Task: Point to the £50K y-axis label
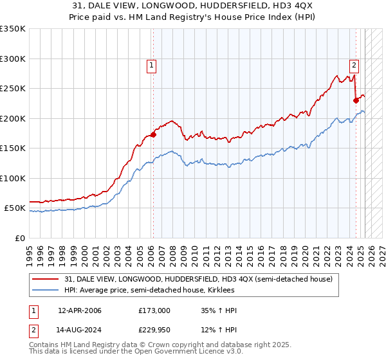pos(14,208)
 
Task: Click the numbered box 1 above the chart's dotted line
pos(151,64)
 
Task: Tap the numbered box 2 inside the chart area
pos(354,64)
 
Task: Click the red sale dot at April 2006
pos(153,134)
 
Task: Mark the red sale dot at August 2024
pos(356,100)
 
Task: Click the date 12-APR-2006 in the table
pos(80,310)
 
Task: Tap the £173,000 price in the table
pos(154,310)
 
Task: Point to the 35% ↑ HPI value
pos(219,310)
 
